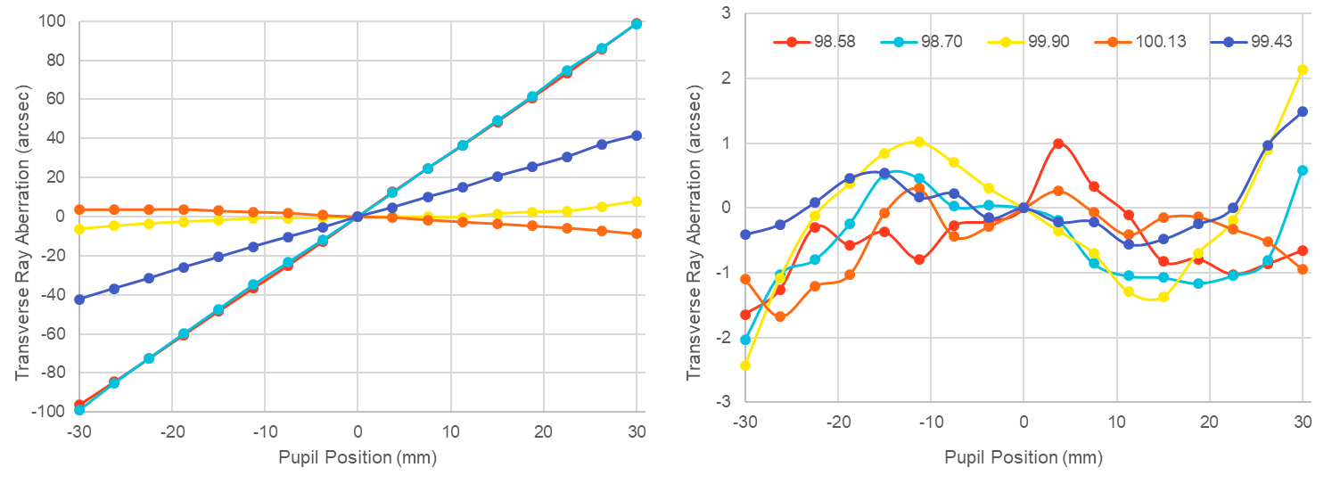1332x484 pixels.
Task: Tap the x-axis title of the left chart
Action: point(357,457)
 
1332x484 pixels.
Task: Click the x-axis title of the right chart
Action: point(1023,457)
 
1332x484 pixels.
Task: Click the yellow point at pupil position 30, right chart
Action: point(1303,70)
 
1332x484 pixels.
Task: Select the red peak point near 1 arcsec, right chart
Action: point(1058,144)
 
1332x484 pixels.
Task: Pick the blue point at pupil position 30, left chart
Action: point(637,135)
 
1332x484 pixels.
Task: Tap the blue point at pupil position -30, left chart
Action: point(79,299)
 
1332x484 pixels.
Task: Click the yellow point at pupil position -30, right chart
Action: point(745,365)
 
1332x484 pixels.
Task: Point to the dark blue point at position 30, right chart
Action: point(1303,111)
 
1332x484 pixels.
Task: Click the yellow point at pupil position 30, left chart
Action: point(637,201)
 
